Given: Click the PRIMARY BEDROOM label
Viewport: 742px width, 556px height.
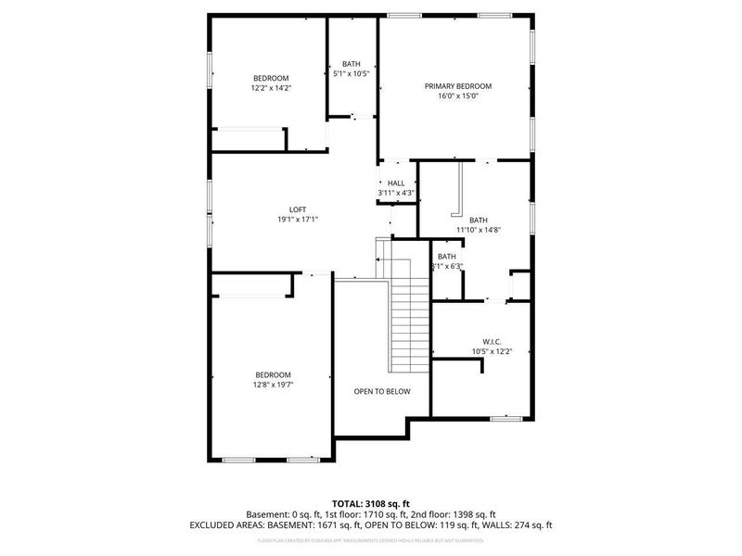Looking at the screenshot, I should [458, 86].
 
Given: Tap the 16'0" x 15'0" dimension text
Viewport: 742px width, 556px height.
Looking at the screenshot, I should [458, 95].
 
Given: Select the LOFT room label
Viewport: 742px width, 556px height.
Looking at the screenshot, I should [298, 209].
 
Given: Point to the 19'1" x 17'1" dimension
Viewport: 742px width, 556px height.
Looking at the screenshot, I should [298, 220].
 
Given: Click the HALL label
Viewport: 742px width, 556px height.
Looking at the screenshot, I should [396, 183].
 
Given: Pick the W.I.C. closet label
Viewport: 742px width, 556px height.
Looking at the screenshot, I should [492, 341].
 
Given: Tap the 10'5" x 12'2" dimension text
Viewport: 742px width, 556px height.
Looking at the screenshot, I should [492, 351].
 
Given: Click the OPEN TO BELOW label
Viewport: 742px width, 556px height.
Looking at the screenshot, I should [381, 392].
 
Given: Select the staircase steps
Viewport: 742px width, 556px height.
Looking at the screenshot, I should [408, 320].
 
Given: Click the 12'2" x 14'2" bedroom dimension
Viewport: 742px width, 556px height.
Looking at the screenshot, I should [271, 88].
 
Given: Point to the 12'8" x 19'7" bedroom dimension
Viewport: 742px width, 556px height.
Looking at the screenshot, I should [273, 385].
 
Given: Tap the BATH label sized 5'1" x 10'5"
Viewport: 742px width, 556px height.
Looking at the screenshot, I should [352, 64].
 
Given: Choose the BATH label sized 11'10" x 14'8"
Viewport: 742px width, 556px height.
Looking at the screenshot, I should [478, 220].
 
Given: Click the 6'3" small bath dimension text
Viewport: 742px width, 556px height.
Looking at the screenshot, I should [448, 267].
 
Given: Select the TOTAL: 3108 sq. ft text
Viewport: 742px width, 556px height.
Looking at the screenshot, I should [371, 503].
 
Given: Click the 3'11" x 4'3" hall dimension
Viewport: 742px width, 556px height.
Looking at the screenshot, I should [396, 193].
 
